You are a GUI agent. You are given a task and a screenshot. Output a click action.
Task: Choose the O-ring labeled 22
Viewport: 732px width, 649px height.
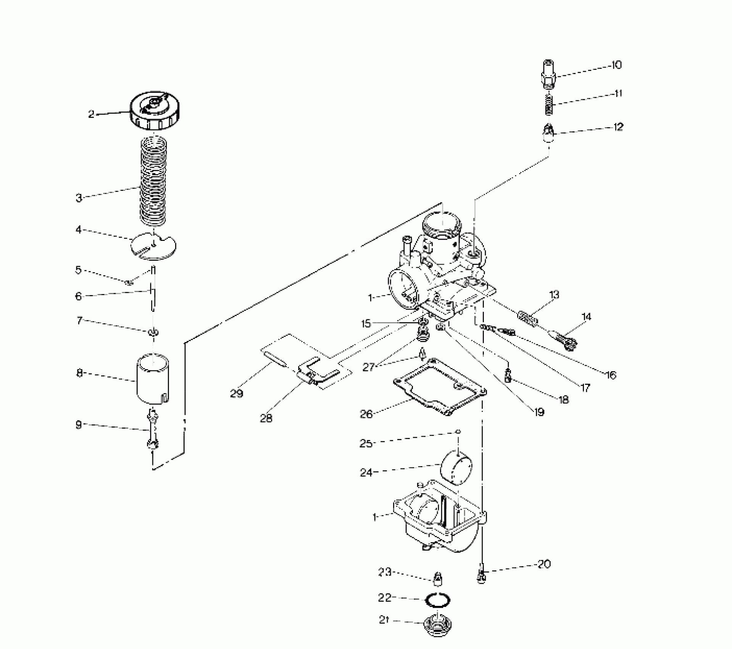(438, 601)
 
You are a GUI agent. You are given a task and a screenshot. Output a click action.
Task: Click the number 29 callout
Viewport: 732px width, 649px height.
(236, 394)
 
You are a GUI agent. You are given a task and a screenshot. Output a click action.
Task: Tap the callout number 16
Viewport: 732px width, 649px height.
(611, 375)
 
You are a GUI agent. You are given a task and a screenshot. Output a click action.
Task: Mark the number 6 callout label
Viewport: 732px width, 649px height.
(79, 296)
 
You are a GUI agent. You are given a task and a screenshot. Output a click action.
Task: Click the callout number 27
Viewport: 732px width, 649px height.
(368, 367)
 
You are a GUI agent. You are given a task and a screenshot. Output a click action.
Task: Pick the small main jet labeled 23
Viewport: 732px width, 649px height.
(437, 579)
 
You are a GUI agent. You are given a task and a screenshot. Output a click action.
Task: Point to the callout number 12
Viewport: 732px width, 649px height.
(618, 127)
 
